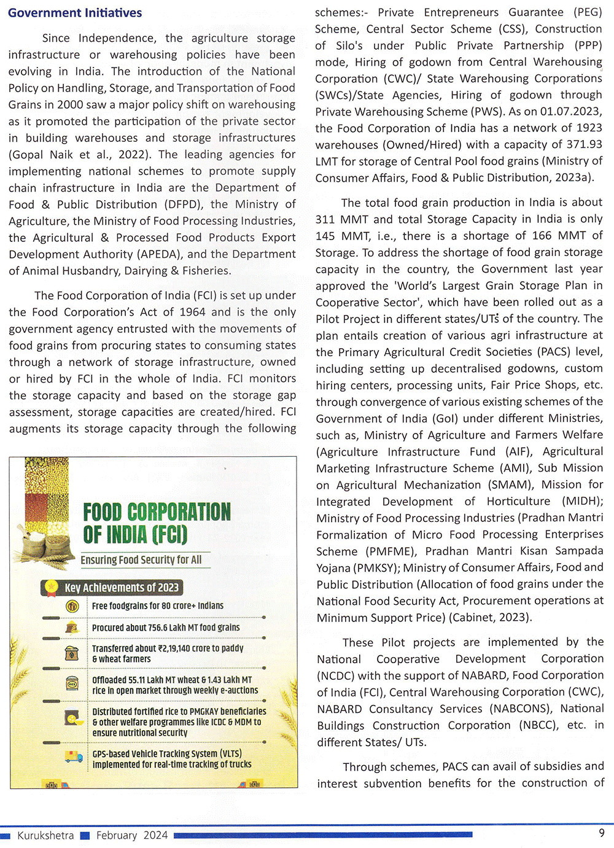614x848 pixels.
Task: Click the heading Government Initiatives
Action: click(x=75, y=13)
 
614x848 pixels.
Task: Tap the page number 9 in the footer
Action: click(x=602, y=833)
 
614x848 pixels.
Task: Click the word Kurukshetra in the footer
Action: click(x=45, y=835)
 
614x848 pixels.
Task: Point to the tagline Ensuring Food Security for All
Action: click(x=141, y=559)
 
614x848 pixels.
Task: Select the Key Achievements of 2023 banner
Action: click(x=121, y=588)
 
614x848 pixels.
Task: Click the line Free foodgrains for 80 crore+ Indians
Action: click(x=158, y=605)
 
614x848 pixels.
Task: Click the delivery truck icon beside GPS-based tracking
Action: click(x=74, y=757)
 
